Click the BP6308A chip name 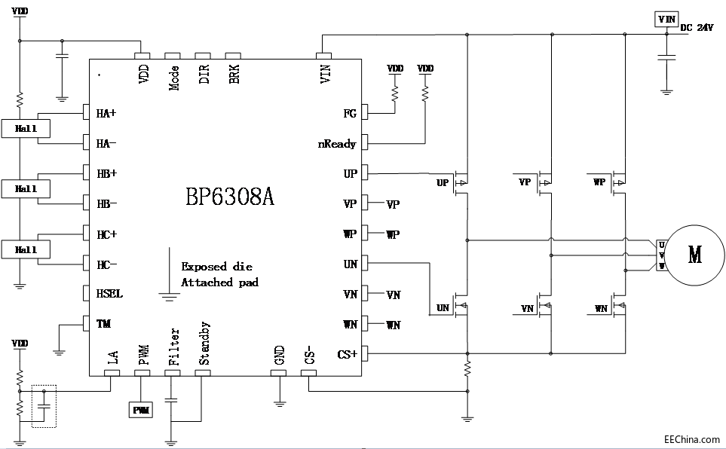pos(229,197)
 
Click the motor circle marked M pos(694,255)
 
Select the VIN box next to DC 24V pos(666,19)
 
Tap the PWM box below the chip pos(141,410)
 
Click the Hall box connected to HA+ pos(26,129)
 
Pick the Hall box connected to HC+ pos(26,249)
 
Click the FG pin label pos(350,114)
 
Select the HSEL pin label pos(109,294)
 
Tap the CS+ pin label pos(348,354)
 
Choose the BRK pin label pos(234,76)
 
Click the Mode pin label pos(174,77)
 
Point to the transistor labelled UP pos(461,182)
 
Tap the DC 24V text pos(697,28)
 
